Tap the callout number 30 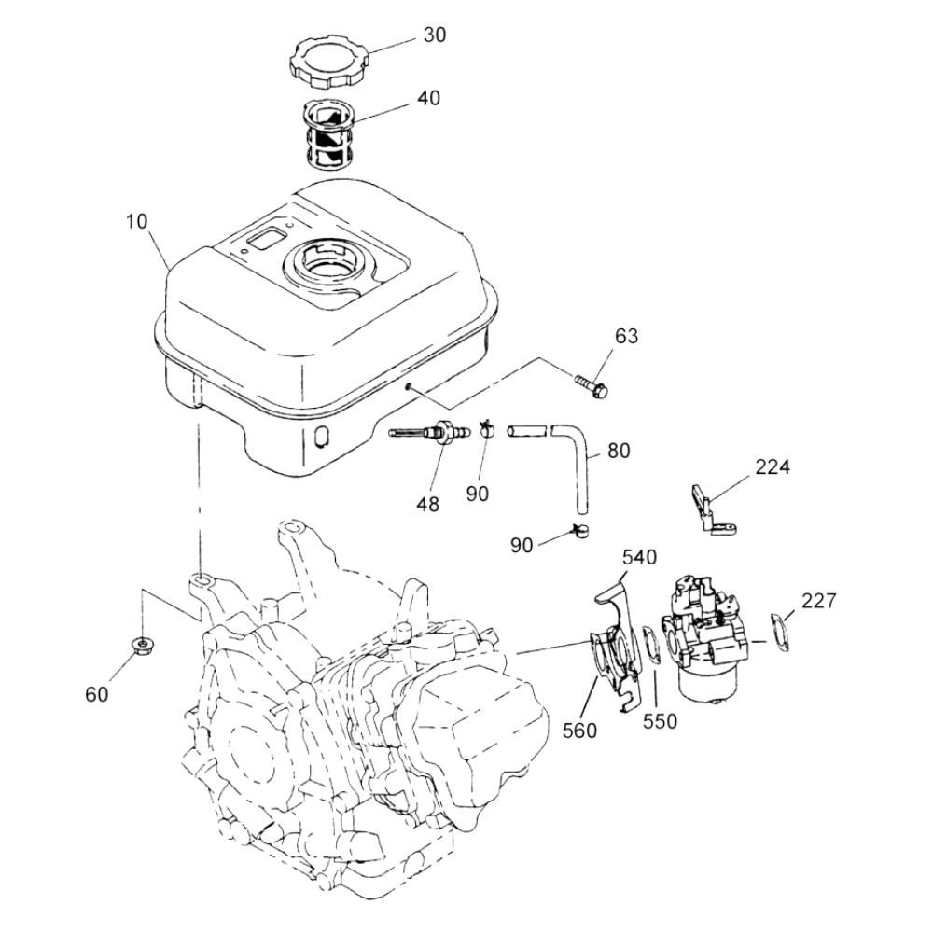click(435, 35)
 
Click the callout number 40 click(428, 98)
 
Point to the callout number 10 click(136, 221)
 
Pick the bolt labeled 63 click(592, 385)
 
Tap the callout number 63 click(626, 336)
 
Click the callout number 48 click(428, 504)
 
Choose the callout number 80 click(619, 451)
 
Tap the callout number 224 click(773, 467)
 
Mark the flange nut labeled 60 click(143, 644)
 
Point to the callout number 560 click(579, 731)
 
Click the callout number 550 click(660, 721)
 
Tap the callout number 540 click(639, 558)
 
